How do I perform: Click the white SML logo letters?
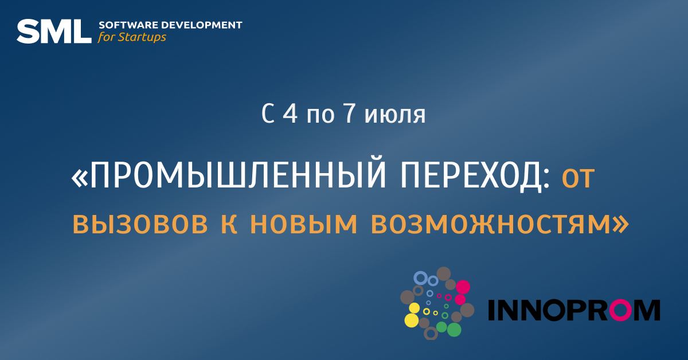click(54, 32)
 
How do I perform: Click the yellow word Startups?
click(142, 37)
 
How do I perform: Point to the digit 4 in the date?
click(290, 114)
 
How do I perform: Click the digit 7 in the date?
click(348, 114)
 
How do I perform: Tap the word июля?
click(395, 115)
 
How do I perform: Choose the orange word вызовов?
click(140, 224)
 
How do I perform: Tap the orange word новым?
click(304, 224)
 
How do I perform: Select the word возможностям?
click(491, 224)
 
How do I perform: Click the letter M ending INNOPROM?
click(647, 310)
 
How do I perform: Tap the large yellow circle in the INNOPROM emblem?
click(412, 320)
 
